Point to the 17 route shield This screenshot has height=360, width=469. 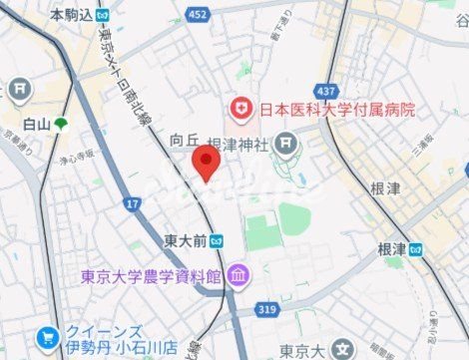coord(133,203)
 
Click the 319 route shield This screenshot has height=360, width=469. coord(264,309)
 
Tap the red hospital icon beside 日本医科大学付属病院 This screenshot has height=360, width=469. coord(240,109)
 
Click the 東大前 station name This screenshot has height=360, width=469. coord(186,239)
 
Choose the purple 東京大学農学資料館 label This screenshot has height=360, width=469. coord(151,275)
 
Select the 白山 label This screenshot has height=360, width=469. coord(36,124)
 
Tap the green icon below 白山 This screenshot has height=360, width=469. coord(62,125)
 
